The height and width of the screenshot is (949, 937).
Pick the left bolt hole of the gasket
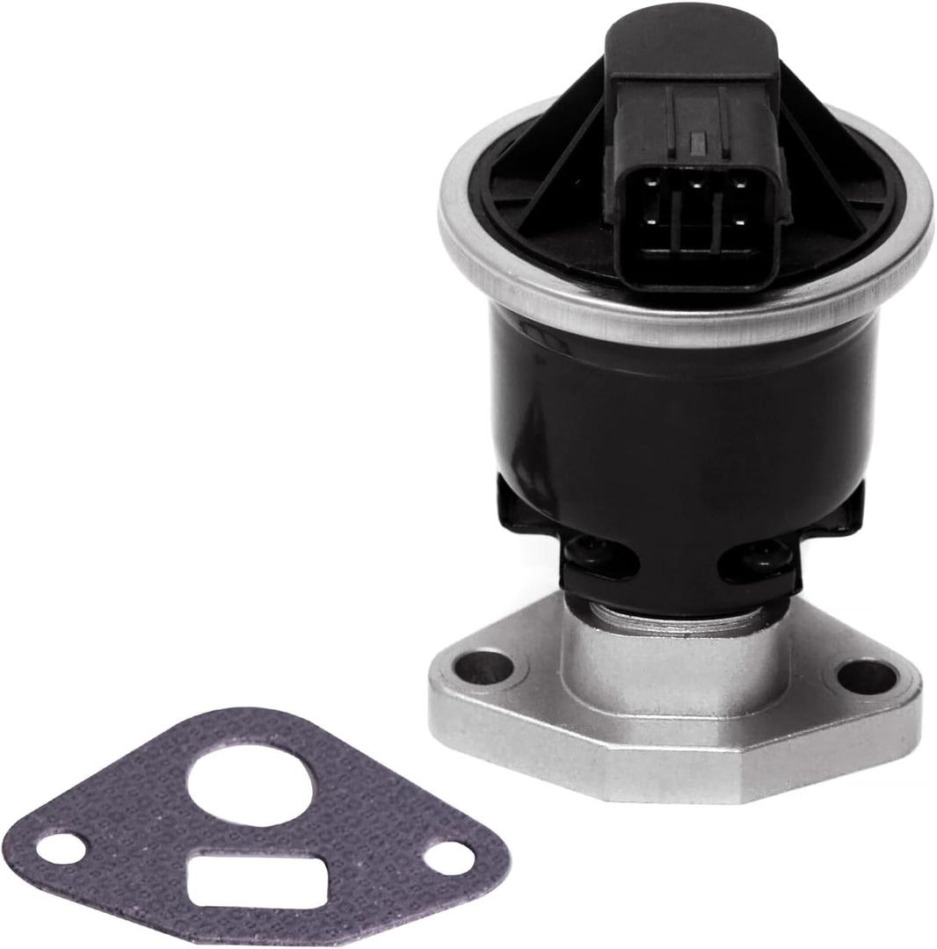[62, 847]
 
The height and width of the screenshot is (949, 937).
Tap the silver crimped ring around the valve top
[492, 264]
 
